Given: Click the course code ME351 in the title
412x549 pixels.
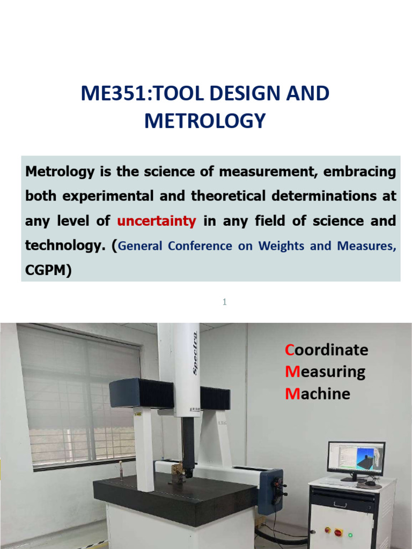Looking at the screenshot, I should click(x=106, y=94).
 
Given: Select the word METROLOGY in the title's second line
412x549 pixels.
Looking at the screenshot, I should click(x=205, y=121).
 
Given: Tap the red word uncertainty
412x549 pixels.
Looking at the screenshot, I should click(x=157, y=221).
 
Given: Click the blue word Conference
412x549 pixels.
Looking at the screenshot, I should click(x=205, y=246).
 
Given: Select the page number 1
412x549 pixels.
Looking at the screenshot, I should click(x=225, y=302).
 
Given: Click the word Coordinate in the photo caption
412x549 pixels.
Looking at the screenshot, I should click(x=327, y=350).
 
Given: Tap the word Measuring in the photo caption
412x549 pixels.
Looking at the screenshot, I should click(x=325, y=372).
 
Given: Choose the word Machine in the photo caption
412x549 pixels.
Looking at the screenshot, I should click(x=318, y=394).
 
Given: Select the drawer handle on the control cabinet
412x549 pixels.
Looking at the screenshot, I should click(x=340, y=504).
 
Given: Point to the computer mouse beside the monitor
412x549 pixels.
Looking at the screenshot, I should click(x=370, y=484).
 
